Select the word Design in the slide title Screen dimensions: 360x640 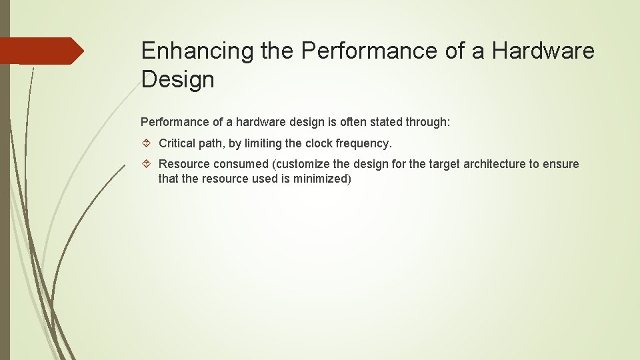coord(177,80)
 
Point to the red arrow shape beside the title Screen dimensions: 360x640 coord(41,51)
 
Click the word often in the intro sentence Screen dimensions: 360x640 coord(357,123)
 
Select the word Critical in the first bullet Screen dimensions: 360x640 coord(178,143)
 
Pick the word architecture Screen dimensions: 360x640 coord(480,164)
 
